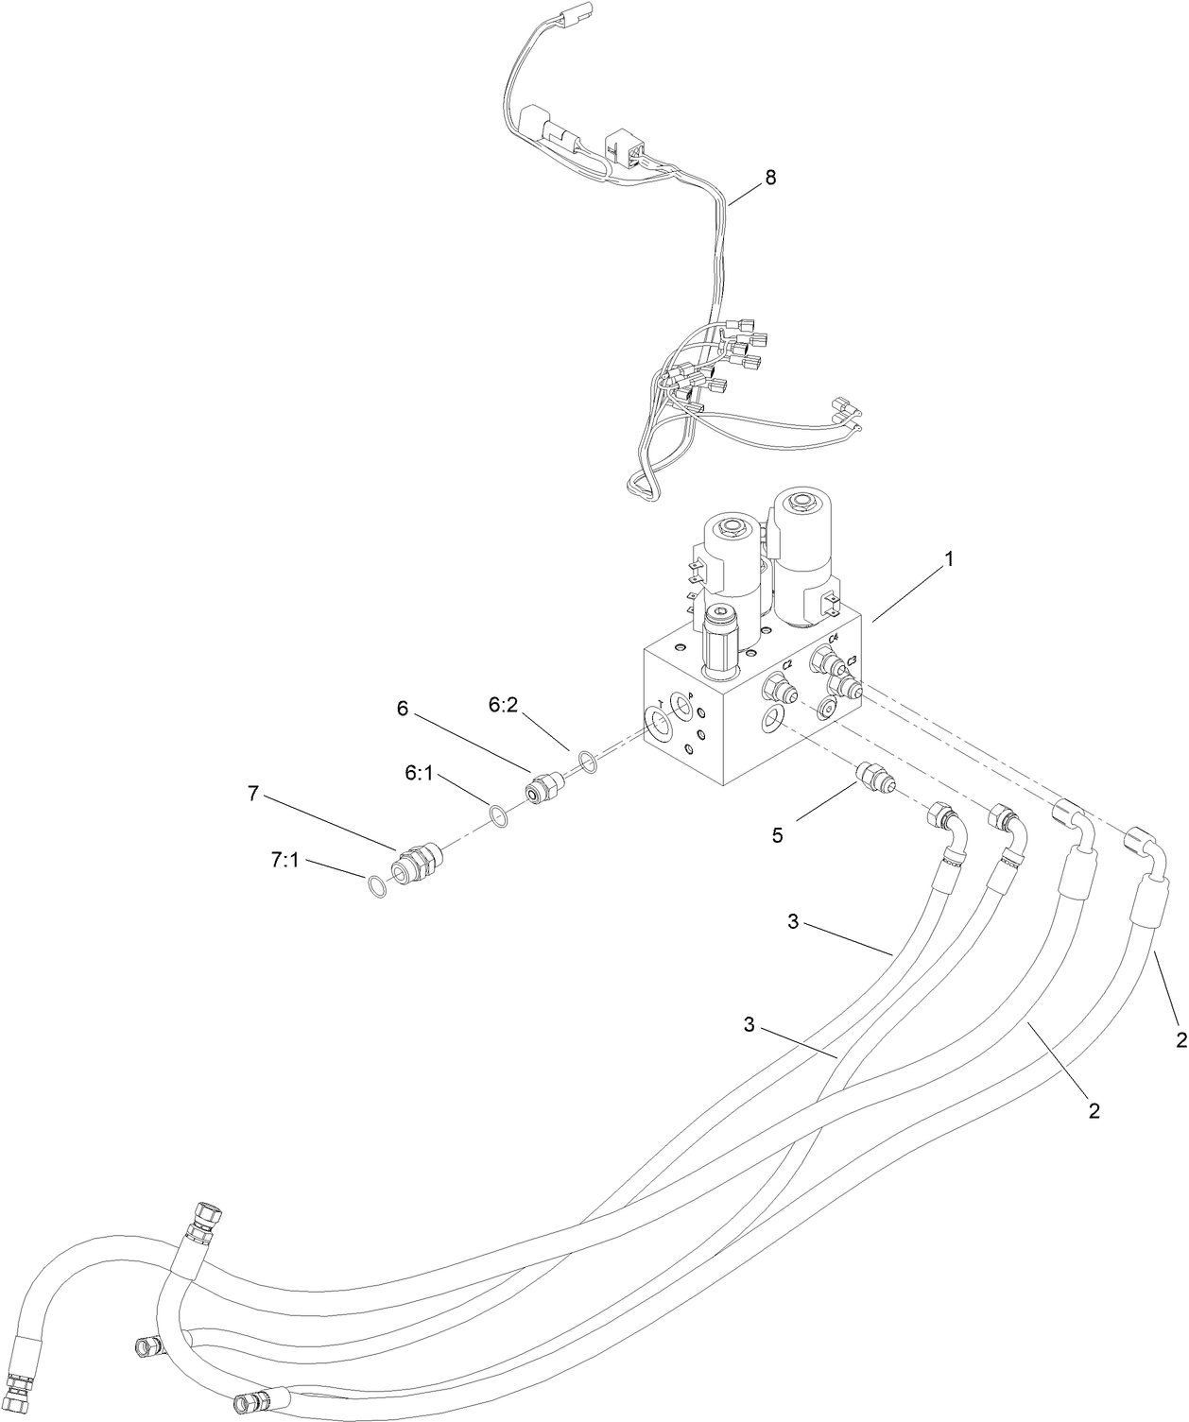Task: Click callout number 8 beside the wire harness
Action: [x=770, y=177]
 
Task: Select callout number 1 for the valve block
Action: [x=949, y=558]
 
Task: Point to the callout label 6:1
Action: [x=419, y=772]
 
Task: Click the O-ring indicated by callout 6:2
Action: [x=586, y=760]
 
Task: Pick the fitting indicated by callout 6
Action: [x=542, y=787]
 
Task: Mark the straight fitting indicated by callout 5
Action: [x=870, y=778]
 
